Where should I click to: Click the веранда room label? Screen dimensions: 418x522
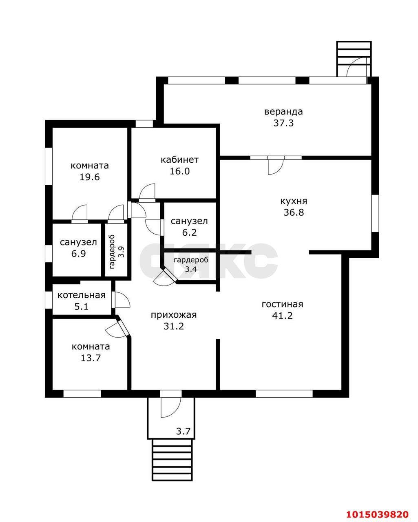tap(283, 112)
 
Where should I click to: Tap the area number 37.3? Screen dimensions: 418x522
tap(283, 123)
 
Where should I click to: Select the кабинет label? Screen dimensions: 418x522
tap(179, 159)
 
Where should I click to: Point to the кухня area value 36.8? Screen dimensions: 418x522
tap(294, 212)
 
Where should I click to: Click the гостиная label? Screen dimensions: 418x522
tap(282, 304)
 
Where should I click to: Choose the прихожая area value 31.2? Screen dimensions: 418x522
tap(174, 326)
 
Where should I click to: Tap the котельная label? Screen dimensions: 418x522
tap(82, 295)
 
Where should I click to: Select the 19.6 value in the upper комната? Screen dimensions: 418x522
tap(90, 177)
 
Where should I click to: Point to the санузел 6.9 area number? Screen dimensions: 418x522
tap(78, 254)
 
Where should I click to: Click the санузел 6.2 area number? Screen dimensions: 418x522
tap(189, 232)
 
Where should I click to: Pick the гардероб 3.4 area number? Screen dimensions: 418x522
tap(191, 269)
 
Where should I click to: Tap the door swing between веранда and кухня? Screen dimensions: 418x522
tap(276, 165)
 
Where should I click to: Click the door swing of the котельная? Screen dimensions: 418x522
tap(122, 300)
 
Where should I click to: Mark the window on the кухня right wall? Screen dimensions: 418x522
tap(375, 213)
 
